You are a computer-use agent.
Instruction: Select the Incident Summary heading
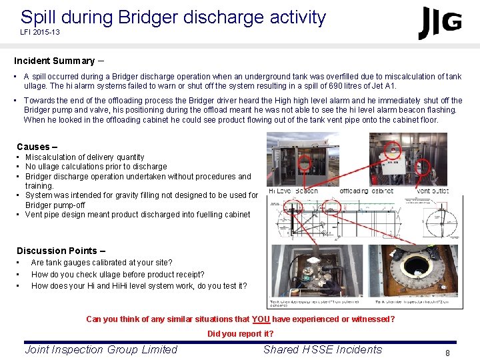(x=54, y=61)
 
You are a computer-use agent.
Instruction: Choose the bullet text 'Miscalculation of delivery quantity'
(x=85, y=157)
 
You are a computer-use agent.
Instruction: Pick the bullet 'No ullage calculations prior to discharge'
(x=96, y=167)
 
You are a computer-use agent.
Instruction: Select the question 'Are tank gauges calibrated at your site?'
(x=101, y=263)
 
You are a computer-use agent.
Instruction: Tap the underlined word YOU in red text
(x=261, y=319)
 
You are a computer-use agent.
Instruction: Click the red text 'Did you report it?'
(x=240, y=334)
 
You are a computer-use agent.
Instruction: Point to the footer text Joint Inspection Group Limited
(x=101, y=349)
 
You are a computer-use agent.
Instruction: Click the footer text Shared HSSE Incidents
(x=323, y=349)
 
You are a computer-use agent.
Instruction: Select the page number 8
(x=447, y=353)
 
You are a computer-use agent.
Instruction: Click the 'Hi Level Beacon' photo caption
(x=293, y=191)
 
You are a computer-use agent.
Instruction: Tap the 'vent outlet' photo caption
(x=433, y=191)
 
